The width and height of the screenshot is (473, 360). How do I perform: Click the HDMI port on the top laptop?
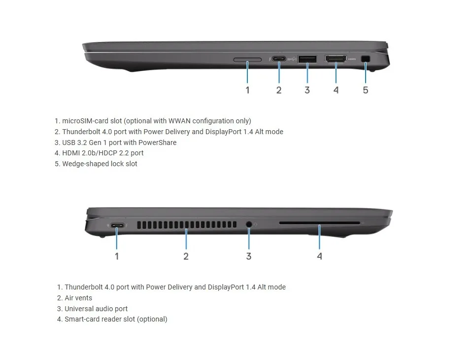(x=336, y=59)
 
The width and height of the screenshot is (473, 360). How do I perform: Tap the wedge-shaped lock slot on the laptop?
(x=366, y=59)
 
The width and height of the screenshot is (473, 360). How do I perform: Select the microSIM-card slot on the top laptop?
(x=247, y=60)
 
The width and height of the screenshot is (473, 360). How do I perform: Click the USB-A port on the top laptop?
(x=307, y=59)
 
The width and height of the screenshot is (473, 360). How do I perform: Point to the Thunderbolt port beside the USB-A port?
(x=279, y=59)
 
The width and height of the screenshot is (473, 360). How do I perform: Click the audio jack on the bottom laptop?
(x=249, y=224)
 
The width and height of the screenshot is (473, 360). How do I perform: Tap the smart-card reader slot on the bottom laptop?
(x=319, y=223)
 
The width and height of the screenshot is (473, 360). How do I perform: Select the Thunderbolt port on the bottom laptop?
(x=117, y=225)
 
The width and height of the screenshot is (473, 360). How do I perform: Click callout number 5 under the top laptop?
(x=365, y=90)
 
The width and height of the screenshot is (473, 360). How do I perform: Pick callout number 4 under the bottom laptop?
(x=319, y=256)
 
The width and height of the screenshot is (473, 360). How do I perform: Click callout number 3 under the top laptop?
(x=307, y=90)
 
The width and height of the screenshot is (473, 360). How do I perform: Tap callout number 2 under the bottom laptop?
(x=186, y=256)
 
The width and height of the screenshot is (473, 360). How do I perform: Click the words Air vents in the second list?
(x=78, y=298)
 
